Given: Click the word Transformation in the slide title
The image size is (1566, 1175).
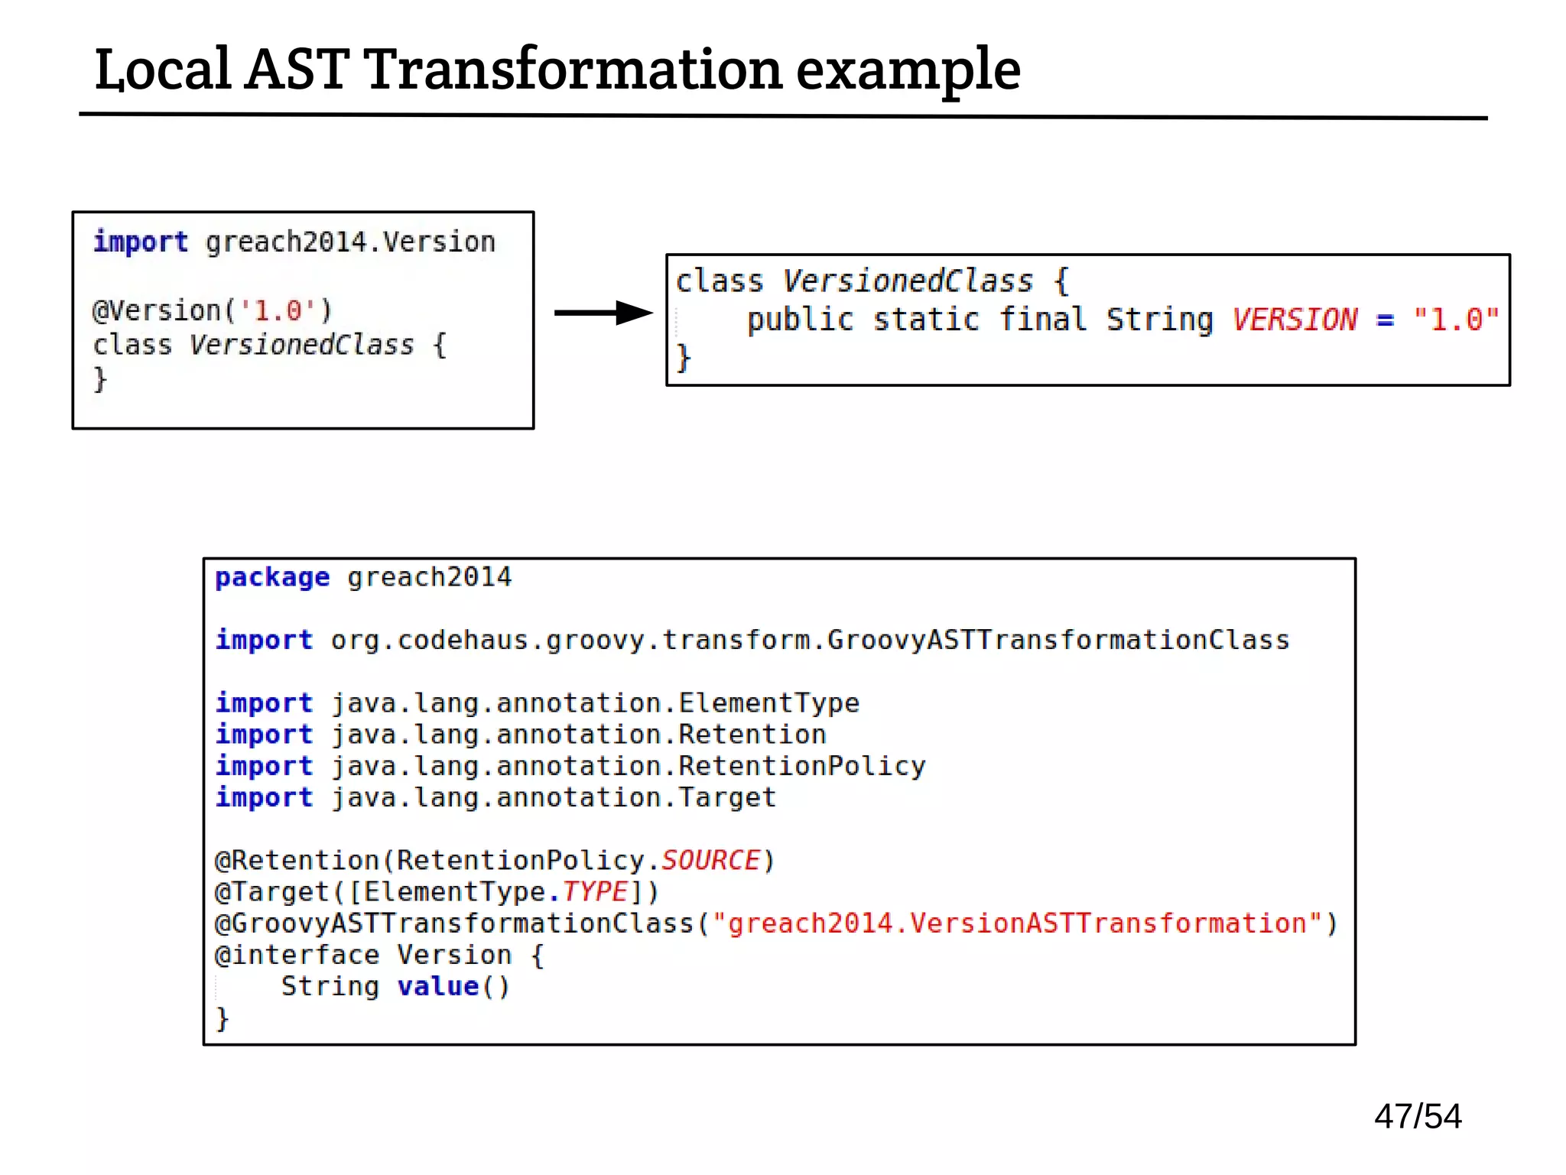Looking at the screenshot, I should (x=573, y=70).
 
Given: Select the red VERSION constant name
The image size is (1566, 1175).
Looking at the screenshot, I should (x=1295, y=320).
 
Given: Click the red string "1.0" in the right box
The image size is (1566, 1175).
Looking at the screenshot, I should (x=1455, y=320).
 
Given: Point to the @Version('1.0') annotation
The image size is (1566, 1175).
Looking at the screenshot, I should (x=212, y=310).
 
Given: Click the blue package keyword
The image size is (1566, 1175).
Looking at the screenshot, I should (x=272, y=577).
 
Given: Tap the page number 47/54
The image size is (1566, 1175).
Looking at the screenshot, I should (x=1417, y=1116).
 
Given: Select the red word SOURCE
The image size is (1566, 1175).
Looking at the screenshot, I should (x=710, y=860).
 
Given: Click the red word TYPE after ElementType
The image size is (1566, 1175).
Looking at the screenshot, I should (x=595, y=891).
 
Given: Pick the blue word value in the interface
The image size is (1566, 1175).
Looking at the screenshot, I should (x=438, y=986).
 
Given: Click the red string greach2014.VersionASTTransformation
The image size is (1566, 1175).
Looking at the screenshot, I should (x=1025, y=923).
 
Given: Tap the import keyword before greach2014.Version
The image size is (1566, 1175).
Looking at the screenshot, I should (x=141, y=242).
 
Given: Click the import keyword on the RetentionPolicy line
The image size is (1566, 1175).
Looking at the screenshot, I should (x=265, y=766).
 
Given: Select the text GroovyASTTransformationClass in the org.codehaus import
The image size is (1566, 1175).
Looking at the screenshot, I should (x=1058, y=640).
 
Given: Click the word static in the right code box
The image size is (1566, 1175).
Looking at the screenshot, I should (x=926, y=320).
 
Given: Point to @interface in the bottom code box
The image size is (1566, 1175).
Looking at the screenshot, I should (x=297, y=955).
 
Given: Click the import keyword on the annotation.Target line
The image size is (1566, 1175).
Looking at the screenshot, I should (x=265, y=797).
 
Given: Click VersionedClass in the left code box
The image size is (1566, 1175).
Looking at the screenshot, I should (x=301, y=345).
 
